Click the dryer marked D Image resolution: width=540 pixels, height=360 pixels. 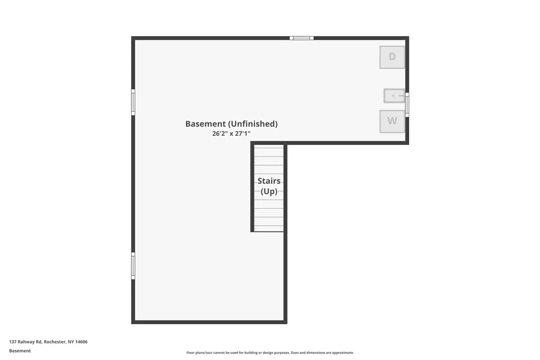pyautogui.click(x=392, y=57)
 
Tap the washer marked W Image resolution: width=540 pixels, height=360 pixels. pyautogui.click(x=392, y=121)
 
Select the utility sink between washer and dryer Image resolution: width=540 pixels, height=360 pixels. pyautogui.click(x=394, y=95)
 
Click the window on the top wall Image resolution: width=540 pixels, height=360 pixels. pyautogui.click(x=301, y=38)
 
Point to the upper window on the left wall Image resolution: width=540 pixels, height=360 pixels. pyautogui.click(x=133, y=102)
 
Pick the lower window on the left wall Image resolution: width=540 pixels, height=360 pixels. pyautogui.click(x=133, y=266)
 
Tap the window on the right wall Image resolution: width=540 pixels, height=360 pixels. pyautogui.click(x=407, y=105)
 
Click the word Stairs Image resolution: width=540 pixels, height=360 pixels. pyautogui.click(x=269, y=181)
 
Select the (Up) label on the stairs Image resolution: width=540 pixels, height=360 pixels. pyautogui.click(x=269, y=191)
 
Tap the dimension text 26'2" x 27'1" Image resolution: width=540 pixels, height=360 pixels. pyautogui.click(x=231, y=133)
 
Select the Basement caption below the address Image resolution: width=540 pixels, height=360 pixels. pyautogui.click(x=20, y=351)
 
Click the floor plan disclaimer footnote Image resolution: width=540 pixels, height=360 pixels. pyautogui.click(x=270, y=353)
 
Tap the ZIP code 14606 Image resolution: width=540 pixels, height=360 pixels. pyautogui.click(x=81, y=342)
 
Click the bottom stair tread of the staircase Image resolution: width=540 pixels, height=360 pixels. pyautogui.click(x=269, y=229)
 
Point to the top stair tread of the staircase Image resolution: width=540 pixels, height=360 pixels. pyautogui.click(x=269, y=148)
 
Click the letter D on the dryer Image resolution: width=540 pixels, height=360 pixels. pyautogui.click(x=392, y=57)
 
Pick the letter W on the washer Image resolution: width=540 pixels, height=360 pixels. pyautogui.click(x=392, y=121)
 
